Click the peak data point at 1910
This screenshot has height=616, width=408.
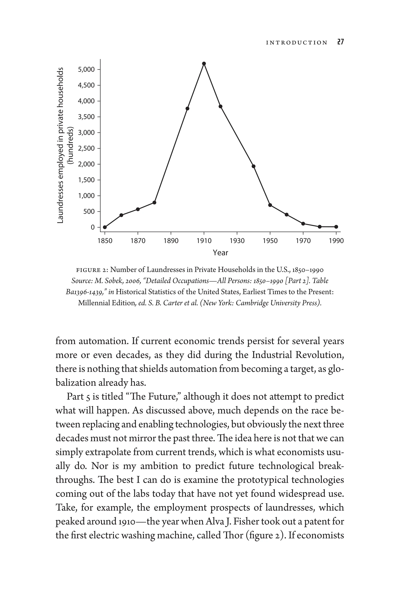(204, 64)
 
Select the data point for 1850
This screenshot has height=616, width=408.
(105, 227)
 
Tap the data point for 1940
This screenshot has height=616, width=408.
(253, 166)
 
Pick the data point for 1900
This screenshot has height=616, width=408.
(187, 108)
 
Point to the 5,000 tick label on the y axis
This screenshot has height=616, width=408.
(86, 70)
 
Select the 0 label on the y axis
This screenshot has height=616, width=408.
(93, 227)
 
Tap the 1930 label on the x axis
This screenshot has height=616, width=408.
(237, 241)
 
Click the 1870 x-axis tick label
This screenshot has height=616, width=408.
(138, 241)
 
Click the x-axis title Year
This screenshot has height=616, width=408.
(220, 253)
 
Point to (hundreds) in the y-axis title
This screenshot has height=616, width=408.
(71, 145)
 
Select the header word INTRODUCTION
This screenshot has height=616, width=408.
(297, 43)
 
